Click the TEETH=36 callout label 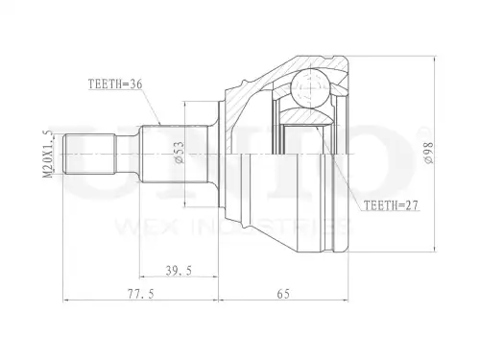tap(115, 84)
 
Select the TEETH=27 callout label tap(392, 205)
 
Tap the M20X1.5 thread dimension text tap(47, 154)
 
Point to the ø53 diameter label tap(180, 153)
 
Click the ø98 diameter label tap(429, 153)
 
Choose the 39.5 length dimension tap(179, 271)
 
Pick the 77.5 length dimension tap(141, 294)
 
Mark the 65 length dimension tap(283, 294)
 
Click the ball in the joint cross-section tap(310, 87)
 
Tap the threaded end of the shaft tap(88, 155)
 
